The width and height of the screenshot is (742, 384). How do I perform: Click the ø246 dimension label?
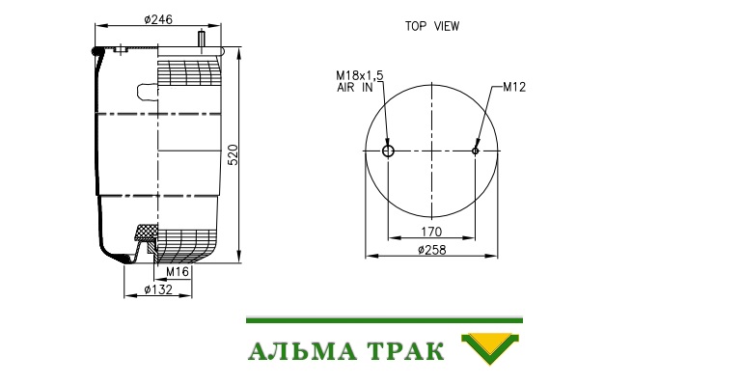click(158, 19)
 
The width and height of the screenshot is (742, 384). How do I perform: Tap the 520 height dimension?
click(234, 154)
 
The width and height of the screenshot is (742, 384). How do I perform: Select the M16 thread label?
click(178, 272)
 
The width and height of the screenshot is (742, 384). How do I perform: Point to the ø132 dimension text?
click(158, 289)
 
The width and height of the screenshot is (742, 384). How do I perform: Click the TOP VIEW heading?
click(432, 26)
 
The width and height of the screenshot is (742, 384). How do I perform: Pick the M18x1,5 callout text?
click(360, 75)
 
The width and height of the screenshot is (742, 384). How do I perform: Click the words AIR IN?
click(355, 88)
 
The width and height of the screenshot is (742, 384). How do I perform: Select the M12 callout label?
click(514, 87)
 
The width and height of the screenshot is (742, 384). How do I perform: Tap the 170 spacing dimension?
click(431, 232)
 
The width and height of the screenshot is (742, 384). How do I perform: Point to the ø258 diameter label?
click(432, 250)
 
